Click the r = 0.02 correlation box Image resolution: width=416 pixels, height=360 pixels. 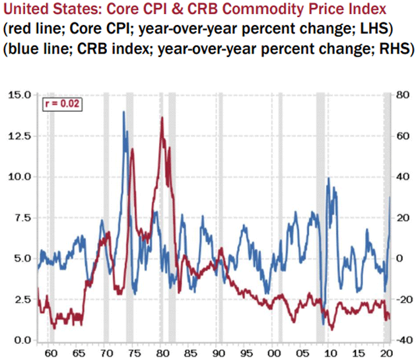(x=62, y=104)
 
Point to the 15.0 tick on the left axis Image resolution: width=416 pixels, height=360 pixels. (x=20, y=94)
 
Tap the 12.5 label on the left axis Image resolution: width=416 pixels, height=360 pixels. (x=20, y=135)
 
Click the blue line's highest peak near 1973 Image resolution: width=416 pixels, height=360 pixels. (x=123, y=112)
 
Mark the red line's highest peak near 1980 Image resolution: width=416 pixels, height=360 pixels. (x=162, y=118)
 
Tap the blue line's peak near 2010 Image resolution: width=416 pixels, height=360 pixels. (x=328, y=178)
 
